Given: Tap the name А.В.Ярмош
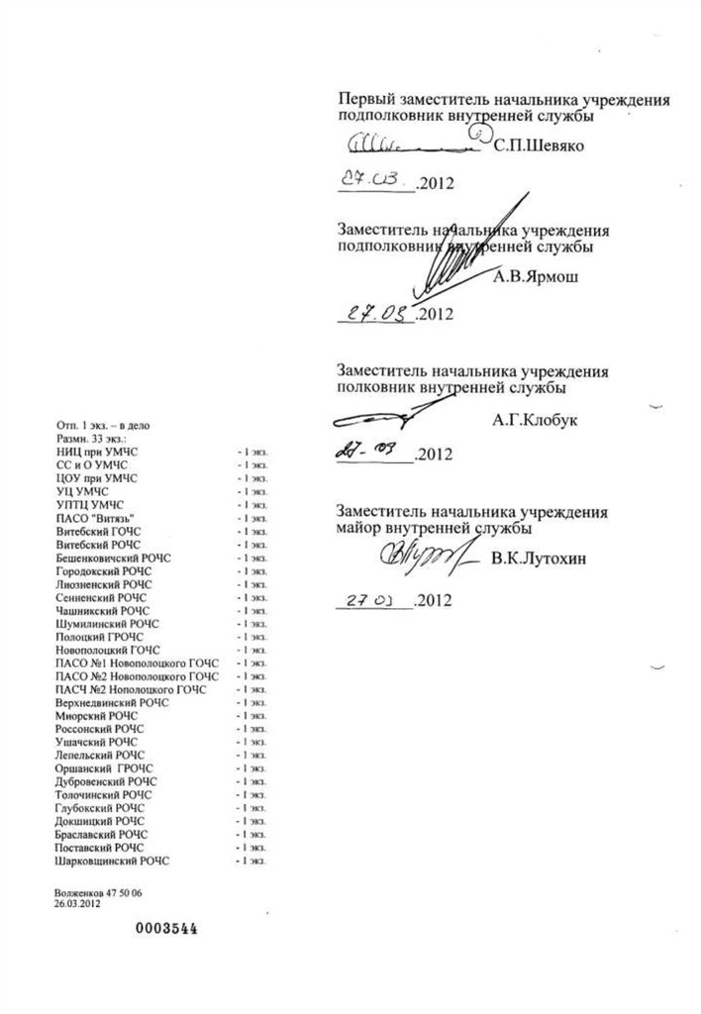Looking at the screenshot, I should pyautogui.click(x=536, y=276).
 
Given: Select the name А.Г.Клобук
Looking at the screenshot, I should pyautogui.click(x=536, y=419).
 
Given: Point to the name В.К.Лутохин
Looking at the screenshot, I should pyautogui.click(x=538, y=559).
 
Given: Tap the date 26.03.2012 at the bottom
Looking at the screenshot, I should pyautogui.click(x=79, y=904).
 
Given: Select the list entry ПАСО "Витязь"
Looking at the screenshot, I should pyautogui.click(x=96, y=518).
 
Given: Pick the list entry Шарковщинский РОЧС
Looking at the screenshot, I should pyautogui.click(x=113, y=862).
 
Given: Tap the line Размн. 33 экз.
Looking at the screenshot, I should pyautogui.click(x=94, y=437).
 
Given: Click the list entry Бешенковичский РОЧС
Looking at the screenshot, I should pyautogui.click(x=114, y=558).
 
